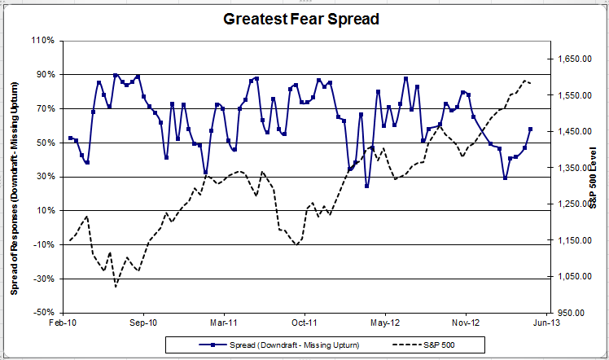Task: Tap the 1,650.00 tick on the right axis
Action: [574, 59]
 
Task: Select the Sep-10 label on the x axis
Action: [143, 323]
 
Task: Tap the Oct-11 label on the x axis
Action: [304, 323]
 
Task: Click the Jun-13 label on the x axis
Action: [545, 323]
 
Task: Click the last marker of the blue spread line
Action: [531, 129]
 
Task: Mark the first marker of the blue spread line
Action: [70, 138]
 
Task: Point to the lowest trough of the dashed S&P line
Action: [116, 286]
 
